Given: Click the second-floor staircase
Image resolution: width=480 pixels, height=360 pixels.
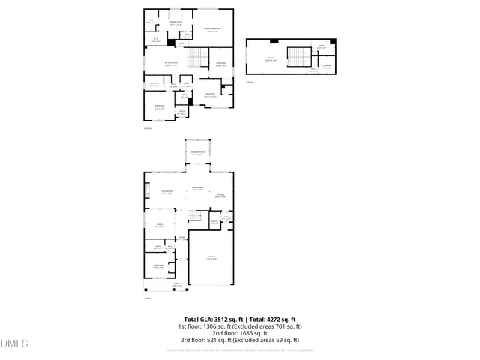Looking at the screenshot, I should [196, 57].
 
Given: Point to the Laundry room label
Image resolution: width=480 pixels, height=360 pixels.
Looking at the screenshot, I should [153, 84].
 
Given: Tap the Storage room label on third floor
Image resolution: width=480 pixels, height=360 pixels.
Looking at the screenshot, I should [327, 66].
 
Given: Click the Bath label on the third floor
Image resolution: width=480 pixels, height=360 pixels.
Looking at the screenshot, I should [321, 46].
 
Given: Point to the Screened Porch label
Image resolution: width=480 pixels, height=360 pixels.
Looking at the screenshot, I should [199, 153].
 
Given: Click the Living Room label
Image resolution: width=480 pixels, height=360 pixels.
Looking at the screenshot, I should [166, 192].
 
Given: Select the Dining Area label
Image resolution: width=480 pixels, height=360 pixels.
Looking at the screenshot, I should [199, 188].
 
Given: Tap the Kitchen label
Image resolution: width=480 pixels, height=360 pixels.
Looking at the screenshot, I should [220, 196].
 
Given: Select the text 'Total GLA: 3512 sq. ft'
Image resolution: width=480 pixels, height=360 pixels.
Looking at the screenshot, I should [212, 319].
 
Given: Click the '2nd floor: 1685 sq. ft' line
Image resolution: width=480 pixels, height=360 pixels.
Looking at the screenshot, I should [240, 333].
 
